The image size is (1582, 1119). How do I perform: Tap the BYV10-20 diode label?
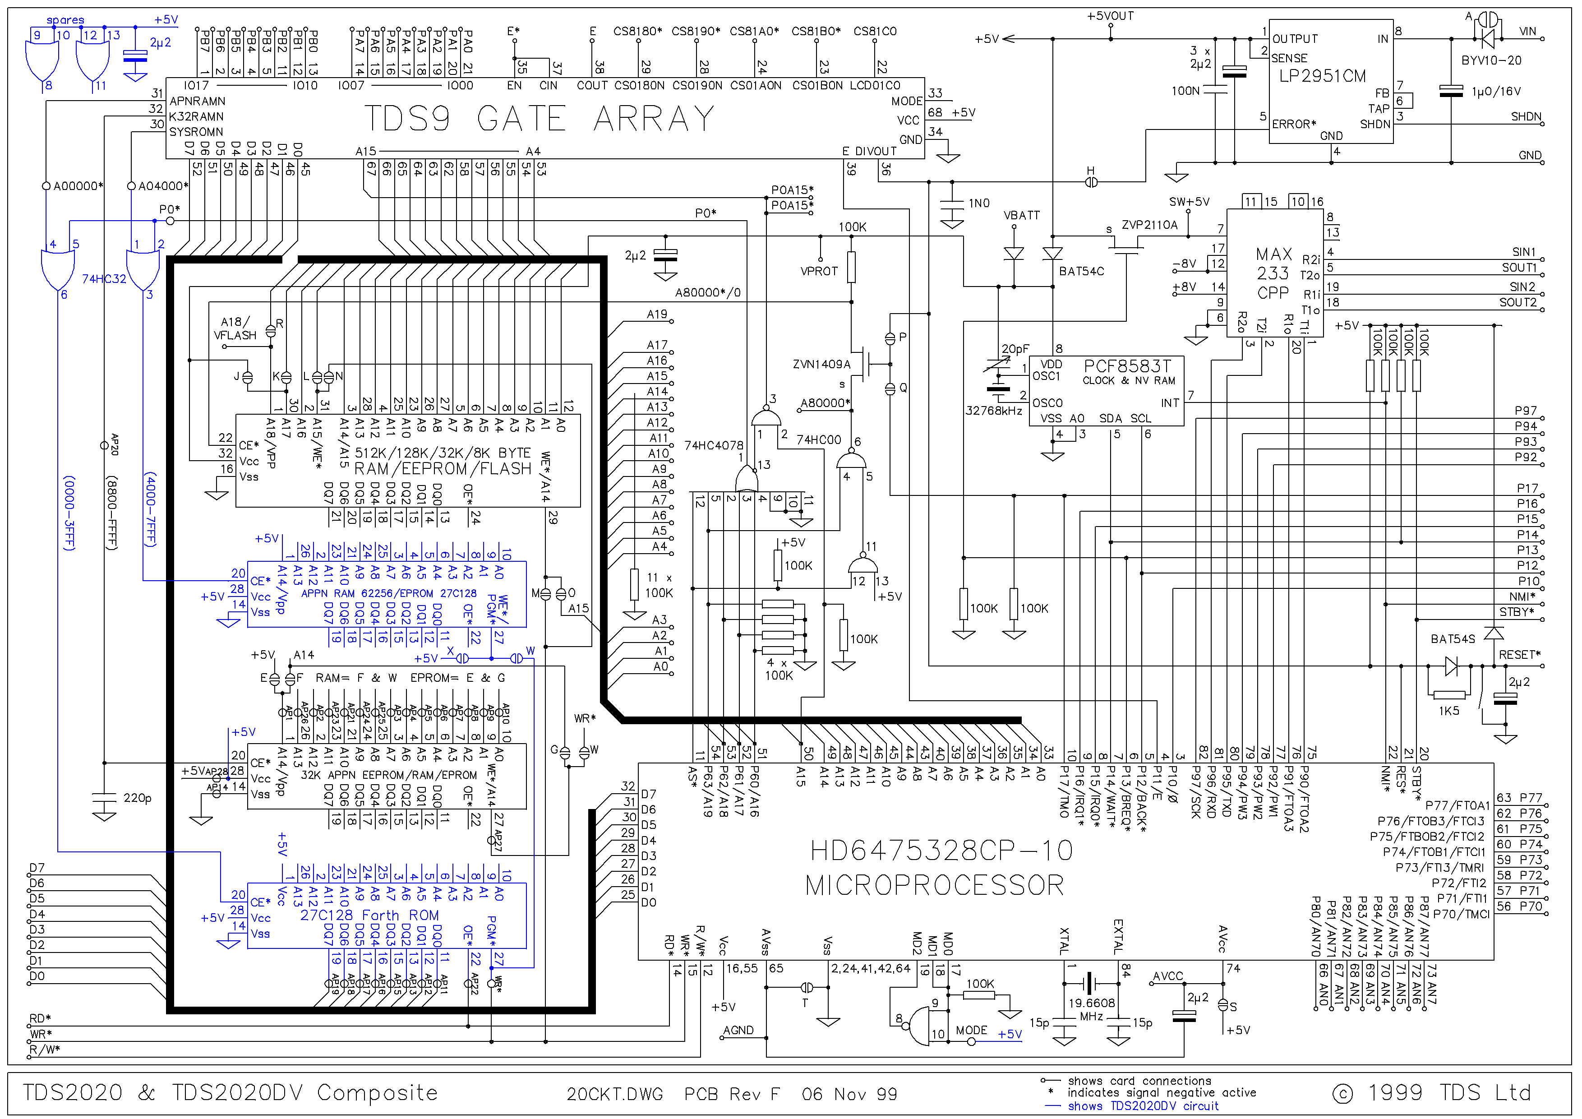tap(1491, 60)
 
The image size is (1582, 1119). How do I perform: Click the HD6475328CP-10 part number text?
tap(941, 851)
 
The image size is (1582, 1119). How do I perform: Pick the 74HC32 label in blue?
tap(104, 279)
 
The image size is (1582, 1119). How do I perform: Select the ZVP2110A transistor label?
tap(1149, 225)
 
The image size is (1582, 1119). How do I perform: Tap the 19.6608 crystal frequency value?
tap(1091, 1003)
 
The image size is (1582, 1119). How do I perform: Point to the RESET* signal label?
tap(1519, 655)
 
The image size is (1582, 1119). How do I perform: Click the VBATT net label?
tap(1021, 216)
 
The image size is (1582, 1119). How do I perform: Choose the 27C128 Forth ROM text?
tap(369, 915)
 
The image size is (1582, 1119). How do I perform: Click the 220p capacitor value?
tap(137, 798)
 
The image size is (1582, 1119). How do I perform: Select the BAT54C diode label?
tap(1081, 272)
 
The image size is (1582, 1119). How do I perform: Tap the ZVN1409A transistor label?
tap(821, 365)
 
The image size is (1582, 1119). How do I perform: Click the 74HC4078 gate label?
tap(713, 446)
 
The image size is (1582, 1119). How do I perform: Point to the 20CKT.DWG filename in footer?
tap(614, 1094)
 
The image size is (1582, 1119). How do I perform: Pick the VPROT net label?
tap(819, 272)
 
